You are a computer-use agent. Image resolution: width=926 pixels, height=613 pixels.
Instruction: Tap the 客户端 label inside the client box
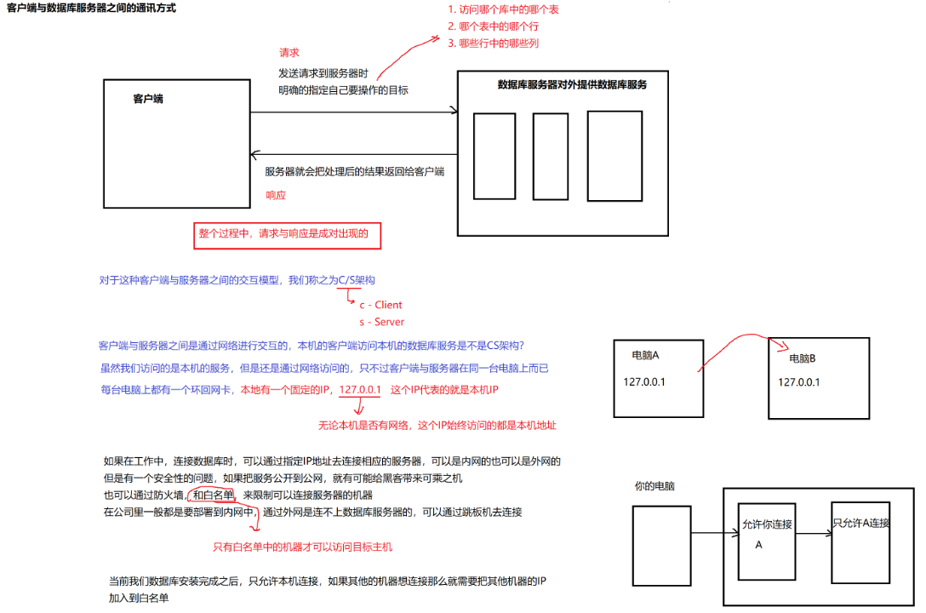(148, 99)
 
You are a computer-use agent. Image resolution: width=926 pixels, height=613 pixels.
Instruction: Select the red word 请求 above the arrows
(289, 53)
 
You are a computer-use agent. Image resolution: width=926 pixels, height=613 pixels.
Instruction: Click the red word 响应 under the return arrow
(276, 195)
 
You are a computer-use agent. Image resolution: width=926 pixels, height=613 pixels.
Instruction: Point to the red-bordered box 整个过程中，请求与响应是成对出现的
(289, 235)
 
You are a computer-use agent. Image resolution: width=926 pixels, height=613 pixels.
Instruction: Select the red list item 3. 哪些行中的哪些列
(493, 43)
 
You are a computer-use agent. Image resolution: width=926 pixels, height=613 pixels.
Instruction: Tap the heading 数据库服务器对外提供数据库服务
(572, 85)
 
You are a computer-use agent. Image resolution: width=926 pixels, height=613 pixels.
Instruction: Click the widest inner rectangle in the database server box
(613, 156)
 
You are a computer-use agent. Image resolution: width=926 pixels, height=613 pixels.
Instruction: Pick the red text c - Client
(380, 305)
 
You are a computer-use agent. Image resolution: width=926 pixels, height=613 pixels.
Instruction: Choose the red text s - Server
(381, 323)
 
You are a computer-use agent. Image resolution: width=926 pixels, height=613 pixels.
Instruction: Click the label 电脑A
(646, 355)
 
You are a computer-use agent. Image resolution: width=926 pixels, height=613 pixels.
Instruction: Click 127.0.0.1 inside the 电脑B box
(798, 382)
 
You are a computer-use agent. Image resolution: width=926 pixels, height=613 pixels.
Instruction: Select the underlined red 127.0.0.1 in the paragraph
(359, 390)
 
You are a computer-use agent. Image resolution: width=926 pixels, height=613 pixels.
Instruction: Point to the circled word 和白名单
(213, 495)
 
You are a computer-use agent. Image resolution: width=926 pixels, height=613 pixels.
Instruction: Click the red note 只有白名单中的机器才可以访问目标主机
(302, 547)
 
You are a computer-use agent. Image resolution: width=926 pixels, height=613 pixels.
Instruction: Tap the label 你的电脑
(654, 486)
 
